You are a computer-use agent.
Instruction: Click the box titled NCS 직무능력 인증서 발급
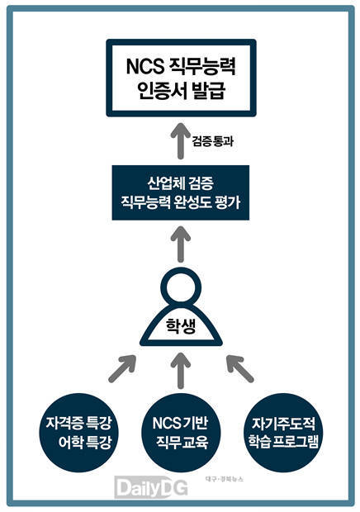coord(181,78)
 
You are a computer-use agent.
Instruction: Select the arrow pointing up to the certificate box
coord(181,140)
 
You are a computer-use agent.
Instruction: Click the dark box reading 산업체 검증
coord(181,192)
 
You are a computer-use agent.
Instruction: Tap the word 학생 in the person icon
coord(181,326)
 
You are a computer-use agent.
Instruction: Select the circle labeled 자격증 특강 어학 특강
coord(78,433)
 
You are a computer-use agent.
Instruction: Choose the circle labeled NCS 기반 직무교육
coord(181,433)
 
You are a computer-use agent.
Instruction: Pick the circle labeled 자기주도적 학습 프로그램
coord(282,433)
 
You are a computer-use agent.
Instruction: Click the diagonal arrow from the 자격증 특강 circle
coord(122,368)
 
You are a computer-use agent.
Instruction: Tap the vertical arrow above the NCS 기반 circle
coord(181,371)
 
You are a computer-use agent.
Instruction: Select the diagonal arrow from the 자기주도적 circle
coord(239,368)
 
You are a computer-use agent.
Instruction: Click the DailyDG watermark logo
coord(151,488)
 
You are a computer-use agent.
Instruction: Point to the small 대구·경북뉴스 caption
coord(225,479)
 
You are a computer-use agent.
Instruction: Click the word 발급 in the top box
coord(209,90)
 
